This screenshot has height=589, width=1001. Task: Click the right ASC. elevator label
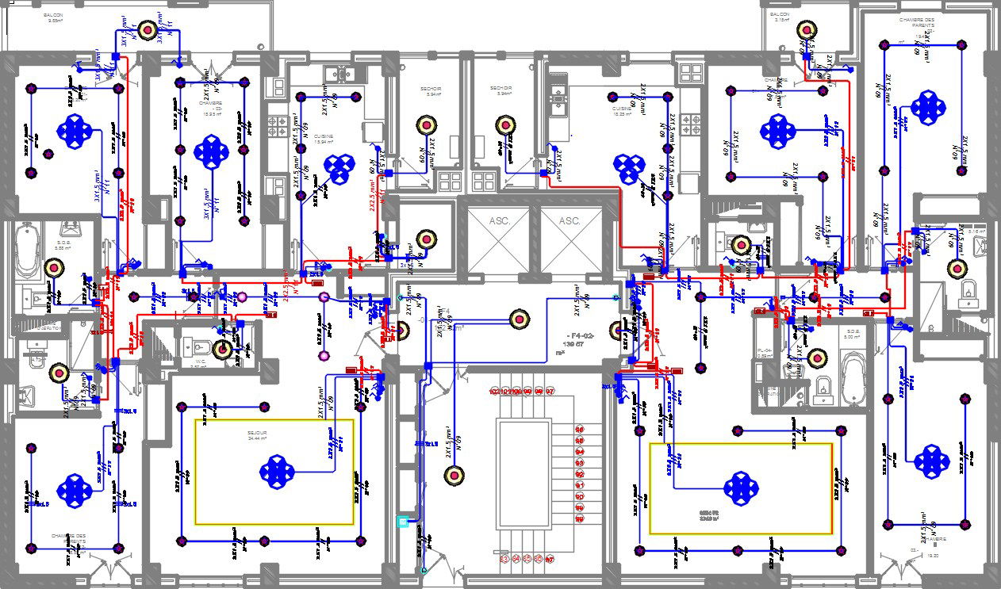tap(570, 221)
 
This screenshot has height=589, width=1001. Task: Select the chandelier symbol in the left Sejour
tap(277, 472)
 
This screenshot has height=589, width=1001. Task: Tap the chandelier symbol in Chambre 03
tap(212, 150)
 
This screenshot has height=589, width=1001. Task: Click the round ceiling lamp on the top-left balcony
tap(148, 30)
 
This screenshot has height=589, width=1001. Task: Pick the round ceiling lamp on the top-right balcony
tap(808, 30)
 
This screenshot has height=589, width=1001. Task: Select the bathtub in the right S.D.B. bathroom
tap(852, 378)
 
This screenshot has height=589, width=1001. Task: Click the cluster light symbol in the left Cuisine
tap(341, 167)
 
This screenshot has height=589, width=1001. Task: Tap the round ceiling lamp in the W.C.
tap(224, 348)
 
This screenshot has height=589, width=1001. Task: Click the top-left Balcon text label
tap(54, 16)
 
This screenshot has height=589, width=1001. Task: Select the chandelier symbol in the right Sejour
tap(741, 486)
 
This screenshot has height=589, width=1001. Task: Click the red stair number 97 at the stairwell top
tap(550, 392)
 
